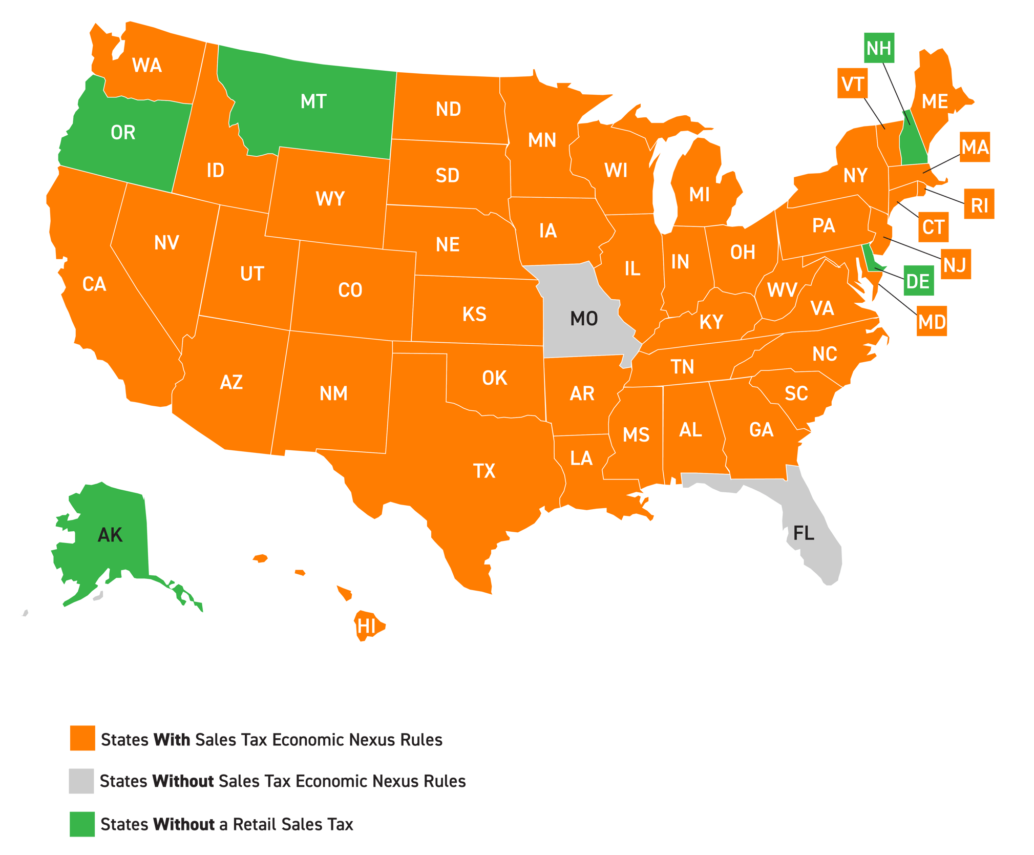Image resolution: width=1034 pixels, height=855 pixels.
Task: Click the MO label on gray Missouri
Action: coord(584,319)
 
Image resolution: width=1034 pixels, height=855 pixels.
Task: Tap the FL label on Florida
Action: coord(803,533)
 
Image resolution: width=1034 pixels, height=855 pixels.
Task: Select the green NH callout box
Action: coord(879,48)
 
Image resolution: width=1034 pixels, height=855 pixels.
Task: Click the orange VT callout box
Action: coord(853,84)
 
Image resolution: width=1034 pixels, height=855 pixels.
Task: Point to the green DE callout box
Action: coord(918,281)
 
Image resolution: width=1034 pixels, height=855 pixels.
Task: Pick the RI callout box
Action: coord(979,205)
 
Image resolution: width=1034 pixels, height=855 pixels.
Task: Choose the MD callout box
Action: coord(932,322)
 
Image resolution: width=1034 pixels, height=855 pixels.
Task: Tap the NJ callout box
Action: coord(955,265)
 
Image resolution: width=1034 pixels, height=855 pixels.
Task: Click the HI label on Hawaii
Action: coord(366,626)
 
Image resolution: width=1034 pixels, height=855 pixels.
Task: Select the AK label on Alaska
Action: coord(110,535)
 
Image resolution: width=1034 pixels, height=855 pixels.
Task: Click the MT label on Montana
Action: coord(313,101)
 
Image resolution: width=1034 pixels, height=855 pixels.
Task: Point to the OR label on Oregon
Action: coord(123,133)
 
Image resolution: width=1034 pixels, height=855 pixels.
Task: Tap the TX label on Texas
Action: coord(484,471)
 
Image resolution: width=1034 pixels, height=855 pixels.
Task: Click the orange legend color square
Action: coord(82,738)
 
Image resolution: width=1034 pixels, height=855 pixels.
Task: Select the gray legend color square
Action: coord(81,781)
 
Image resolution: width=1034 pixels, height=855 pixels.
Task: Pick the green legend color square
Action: coord(82,824)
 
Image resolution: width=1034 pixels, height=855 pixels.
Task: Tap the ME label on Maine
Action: coord(935,101)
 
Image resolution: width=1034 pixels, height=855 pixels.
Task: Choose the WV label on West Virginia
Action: coord(782,290)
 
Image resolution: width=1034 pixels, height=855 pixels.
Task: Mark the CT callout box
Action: coord(933,227)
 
